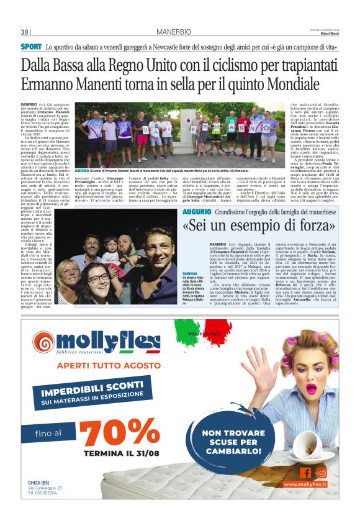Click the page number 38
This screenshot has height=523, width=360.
pos(25,32)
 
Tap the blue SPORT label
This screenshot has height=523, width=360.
pos(31,47)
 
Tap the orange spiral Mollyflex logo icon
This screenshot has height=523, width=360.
pos(43,341)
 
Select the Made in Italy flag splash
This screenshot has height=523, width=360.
pos(199,333)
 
